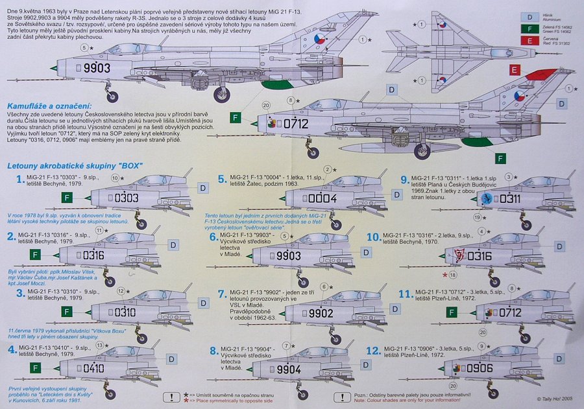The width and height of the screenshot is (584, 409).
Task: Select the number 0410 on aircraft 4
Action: coord(103,369)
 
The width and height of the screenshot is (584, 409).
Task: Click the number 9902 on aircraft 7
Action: coord(303,313)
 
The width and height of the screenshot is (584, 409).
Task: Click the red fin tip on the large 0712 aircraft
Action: coord(541,74)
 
